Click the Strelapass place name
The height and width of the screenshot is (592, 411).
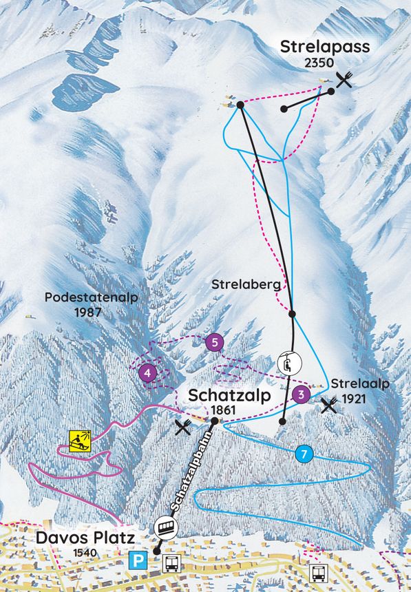tap(325, 47)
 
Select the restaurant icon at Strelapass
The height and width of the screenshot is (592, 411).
tap(344, 80)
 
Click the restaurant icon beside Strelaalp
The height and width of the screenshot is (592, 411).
tap(329, 405)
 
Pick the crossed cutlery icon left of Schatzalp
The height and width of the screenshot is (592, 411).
tap(183, 427)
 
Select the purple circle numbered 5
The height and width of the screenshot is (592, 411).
tap(215, 342)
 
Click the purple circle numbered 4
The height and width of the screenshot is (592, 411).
tap(147, 373)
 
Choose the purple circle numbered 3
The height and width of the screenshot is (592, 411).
tap(300, 394)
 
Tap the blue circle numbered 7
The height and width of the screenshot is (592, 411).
tap(304, 454)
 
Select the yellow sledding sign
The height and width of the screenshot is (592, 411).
tap(80, 439)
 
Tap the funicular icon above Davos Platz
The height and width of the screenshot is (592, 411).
tap(166, 527)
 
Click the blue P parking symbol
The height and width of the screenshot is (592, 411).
tap(139, 560)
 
